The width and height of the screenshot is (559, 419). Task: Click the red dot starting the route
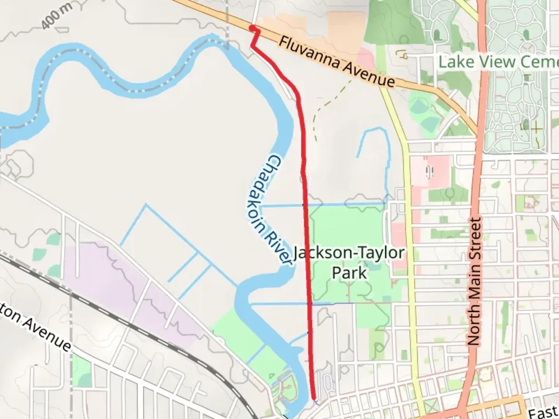[x=252, y=28]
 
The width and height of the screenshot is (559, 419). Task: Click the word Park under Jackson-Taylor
[x=349, y=273]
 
